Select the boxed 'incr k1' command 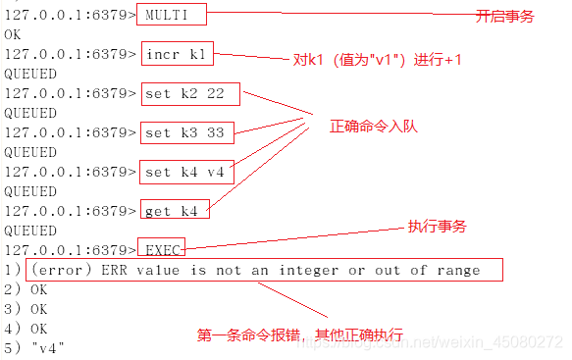point(177,54)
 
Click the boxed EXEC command point(160,249)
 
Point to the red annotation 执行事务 point(437,227)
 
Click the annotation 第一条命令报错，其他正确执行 point(300,334)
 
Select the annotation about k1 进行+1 point(379,61)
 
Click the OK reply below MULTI point(13,34)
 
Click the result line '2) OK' point(26,289)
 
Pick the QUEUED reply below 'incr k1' point(30,74)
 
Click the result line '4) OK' point(26,328)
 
